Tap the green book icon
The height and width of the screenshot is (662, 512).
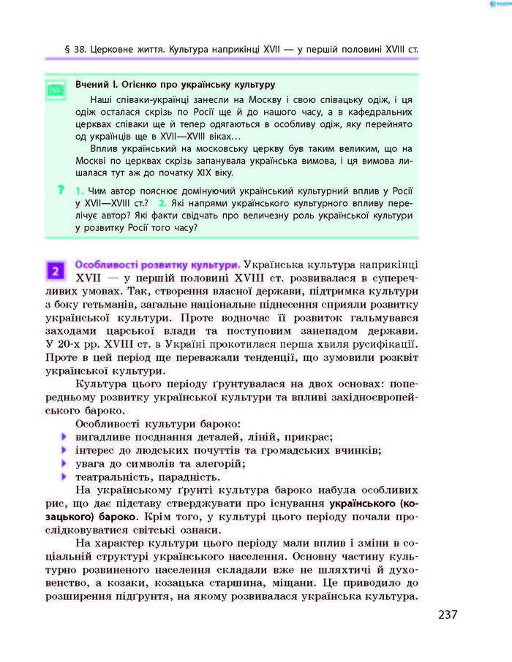pyautogui.click(x=56, y=91)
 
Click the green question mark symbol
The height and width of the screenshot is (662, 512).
pyautogui.click(x=61, y=189)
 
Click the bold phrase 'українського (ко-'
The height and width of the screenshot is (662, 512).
pyautogui.click(x=373, y=503)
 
